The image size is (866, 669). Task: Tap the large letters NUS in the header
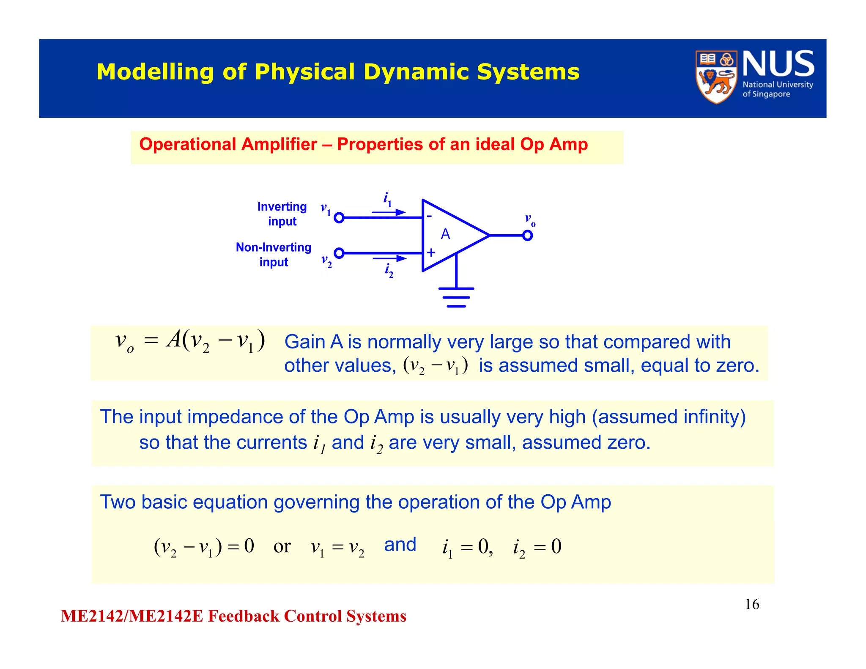778,64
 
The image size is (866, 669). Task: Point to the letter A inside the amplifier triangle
445,234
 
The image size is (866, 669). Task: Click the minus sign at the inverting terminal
429,216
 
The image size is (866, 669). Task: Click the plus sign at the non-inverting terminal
431,252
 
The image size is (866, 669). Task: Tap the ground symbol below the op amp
456,297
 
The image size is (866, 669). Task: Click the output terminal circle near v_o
527,236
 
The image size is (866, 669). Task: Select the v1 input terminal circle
339,218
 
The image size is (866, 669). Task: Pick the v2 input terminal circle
339,253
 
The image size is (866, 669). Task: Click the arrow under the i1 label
389,212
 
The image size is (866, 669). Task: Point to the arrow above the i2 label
389,258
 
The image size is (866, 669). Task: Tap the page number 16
752,604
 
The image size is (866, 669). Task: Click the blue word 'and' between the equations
400,545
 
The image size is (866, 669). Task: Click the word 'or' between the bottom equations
282,546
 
